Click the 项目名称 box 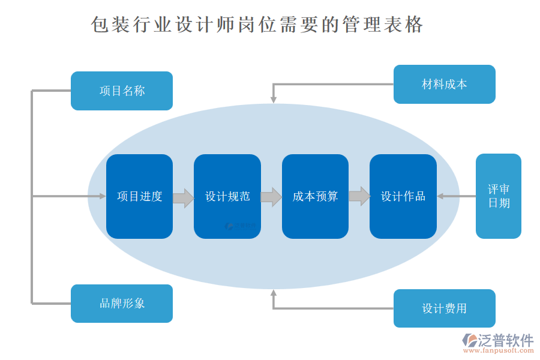122,91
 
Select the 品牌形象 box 122,304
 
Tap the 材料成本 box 444,84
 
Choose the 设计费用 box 444,308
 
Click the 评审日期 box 499,196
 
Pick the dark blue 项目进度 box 139,196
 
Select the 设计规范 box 227,196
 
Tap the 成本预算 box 315,196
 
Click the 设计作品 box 403,196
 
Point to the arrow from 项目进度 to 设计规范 183,197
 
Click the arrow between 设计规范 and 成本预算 271,197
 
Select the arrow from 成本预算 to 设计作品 359,196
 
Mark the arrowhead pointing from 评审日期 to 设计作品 441,196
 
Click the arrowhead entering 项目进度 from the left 101,196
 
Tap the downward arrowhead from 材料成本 274,98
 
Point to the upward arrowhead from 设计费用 274,293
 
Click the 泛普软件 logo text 505,340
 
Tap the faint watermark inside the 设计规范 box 240,226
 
